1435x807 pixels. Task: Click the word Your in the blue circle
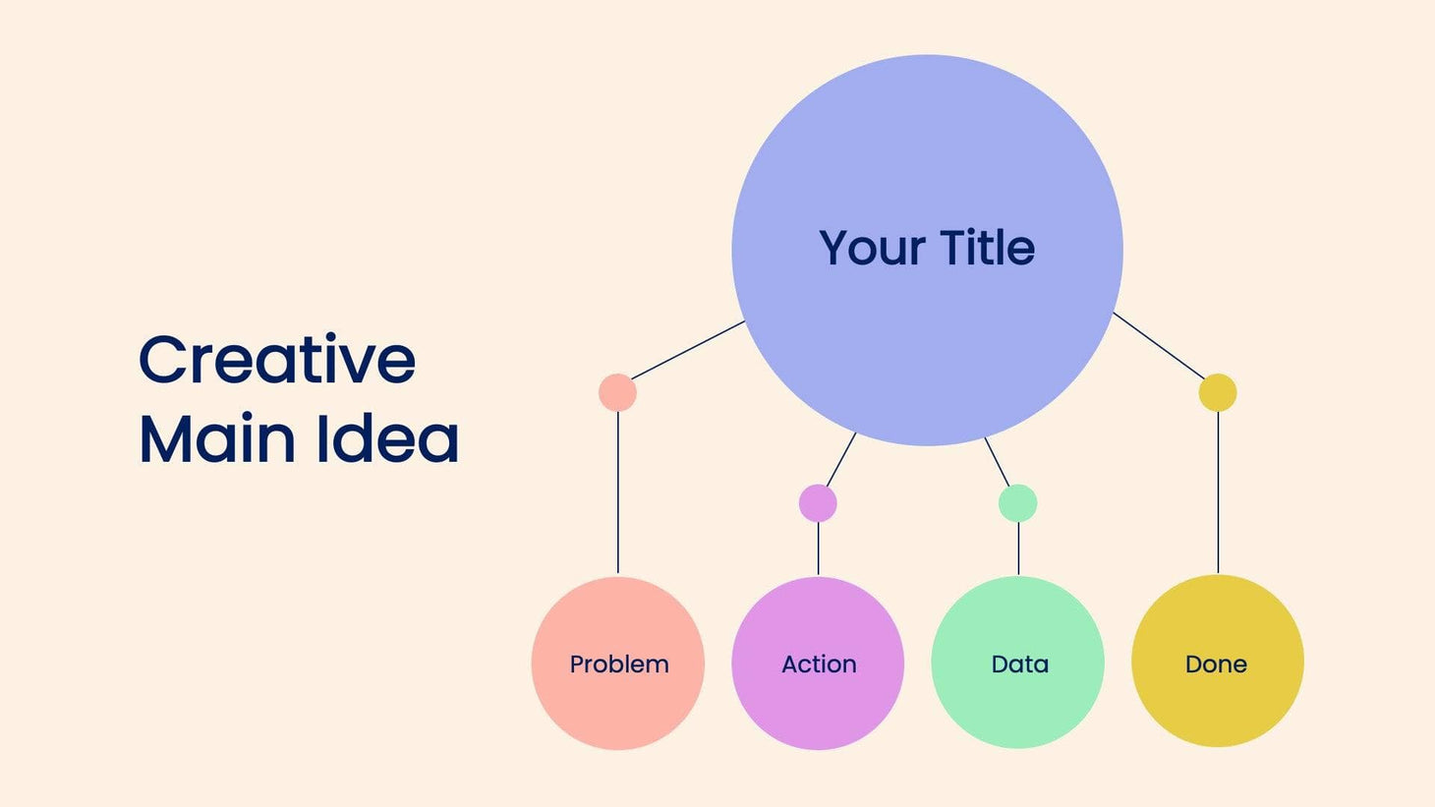(x=872, y=248)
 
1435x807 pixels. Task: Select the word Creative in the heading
(x=277, y=360)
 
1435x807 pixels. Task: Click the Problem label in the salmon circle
(x=619, y=664)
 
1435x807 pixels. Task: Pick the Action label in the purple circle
(x=819, y=664)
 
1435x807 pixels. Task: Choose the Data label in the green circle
(x=1019, y=664)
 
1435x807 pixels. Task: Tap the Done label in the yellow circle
(x=1216, y=664)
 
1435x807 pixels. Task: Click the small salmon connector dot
(x=617, y=392)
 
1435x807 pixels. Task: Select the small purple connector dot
(x=818, y=503)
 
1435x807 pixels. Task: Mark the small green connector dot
(x=1017, y=503)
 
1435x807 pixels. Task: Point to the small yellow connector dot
(x=1218, y=392)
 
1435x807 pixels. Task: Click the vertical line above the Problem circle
(x=618, y=491)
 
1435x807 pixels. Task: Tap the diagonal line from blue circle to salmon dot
(x=688, y=350)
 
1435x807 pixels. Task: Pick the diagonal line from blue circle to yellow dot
(x=1158, y=345)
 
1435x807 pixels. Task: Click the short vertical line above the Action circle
(x=819, y=548)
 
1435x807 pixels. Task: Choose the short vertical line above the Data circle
(x=1018, y=548)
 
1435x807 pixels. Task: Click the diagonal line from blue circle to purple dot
(x=841, y=459)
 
